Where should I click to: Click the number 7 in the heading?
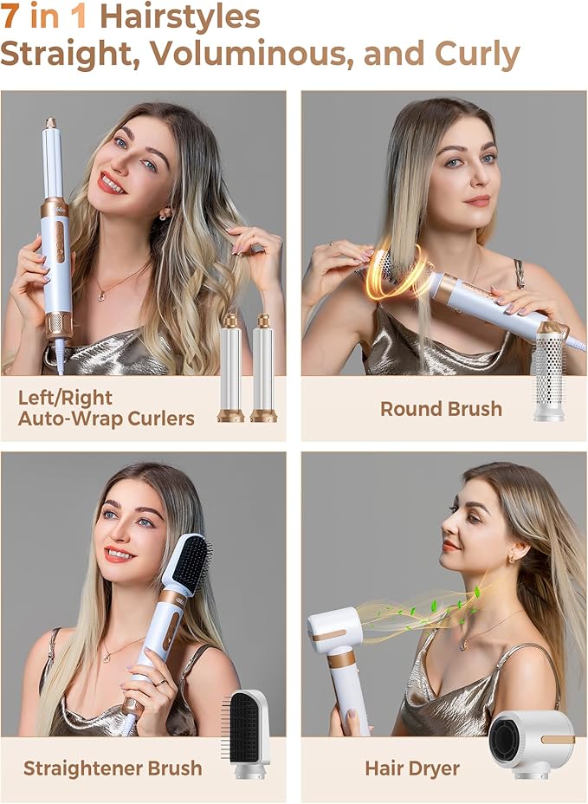[x=11, y=16]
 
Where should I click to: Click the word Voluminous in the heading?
[x=253, y=54]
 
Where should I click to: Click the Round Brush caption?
[x=441, y=408]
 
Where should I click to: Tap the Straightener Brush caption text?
[x=113, y=768]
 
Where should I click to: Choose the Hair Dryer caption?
[x=411, y=768]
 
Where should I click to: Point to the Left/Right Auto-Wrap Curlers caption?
[x=106, y=408]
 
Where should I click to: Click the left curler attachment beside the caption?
[x=230, y=368]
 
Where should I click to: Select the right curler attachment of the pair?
[x=263, y=368]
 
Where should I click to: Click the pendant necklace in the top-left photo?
[x=103, y=295]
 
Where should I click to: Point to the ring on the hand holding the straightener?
[x=160, y=682]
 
